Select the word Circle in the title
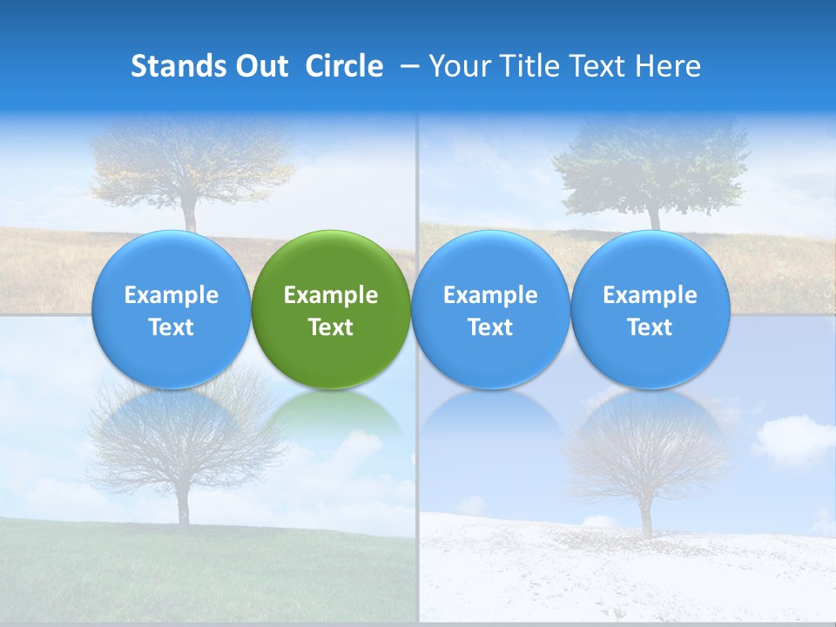pyautogui.click(x=344, y=66)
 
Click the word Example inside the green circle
pyautogui.click(x=331, y=295)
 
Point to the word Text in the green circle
pyautogui.click(x=331, y=327)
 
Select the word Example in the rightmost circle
pyautogui.click(x=650, y=295)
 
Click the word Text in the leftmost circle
pyautogui.click(x=172, y=327)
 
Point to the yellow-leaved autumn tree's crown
pyautogui.click(x=192, y=161)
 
